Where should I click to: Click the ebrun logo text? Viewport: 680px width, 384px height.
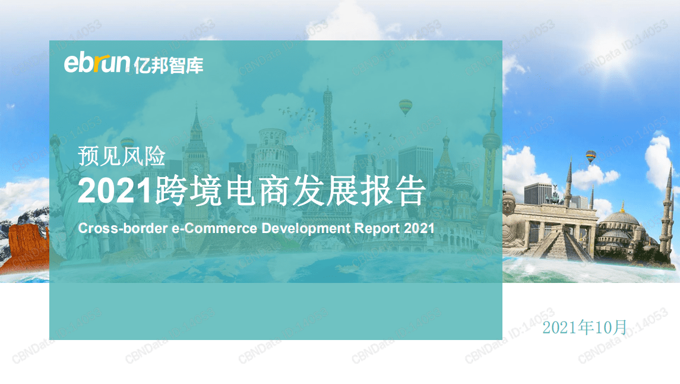tap(97, 63)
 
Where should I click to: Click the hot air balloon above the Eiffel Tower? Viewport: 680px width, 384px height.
tap(406, 106)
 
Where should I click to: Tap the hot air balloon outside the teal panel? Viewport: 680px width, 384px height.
tap(590, 156)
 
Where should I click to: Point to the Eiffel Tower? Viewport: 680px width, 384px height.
tap(327, 149)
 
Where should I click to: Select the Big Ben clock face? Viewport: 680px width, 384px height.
tap(195, 167)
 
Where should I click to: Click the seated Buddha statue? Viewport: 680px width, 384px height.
tap(511, 223)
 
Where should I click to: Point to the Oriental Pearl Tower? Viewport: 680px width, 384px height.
tap(491, 143)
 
